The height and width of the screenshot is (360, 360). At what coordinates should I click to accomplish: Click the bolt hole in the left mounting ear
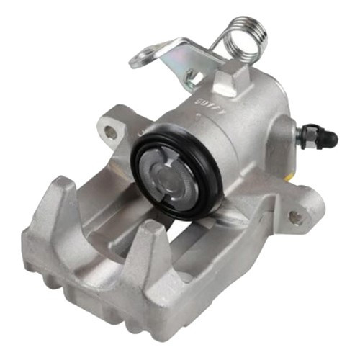(111, 132)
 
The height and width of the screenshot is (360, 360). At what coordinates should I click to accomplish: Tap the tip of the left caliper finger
(62, 186)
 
